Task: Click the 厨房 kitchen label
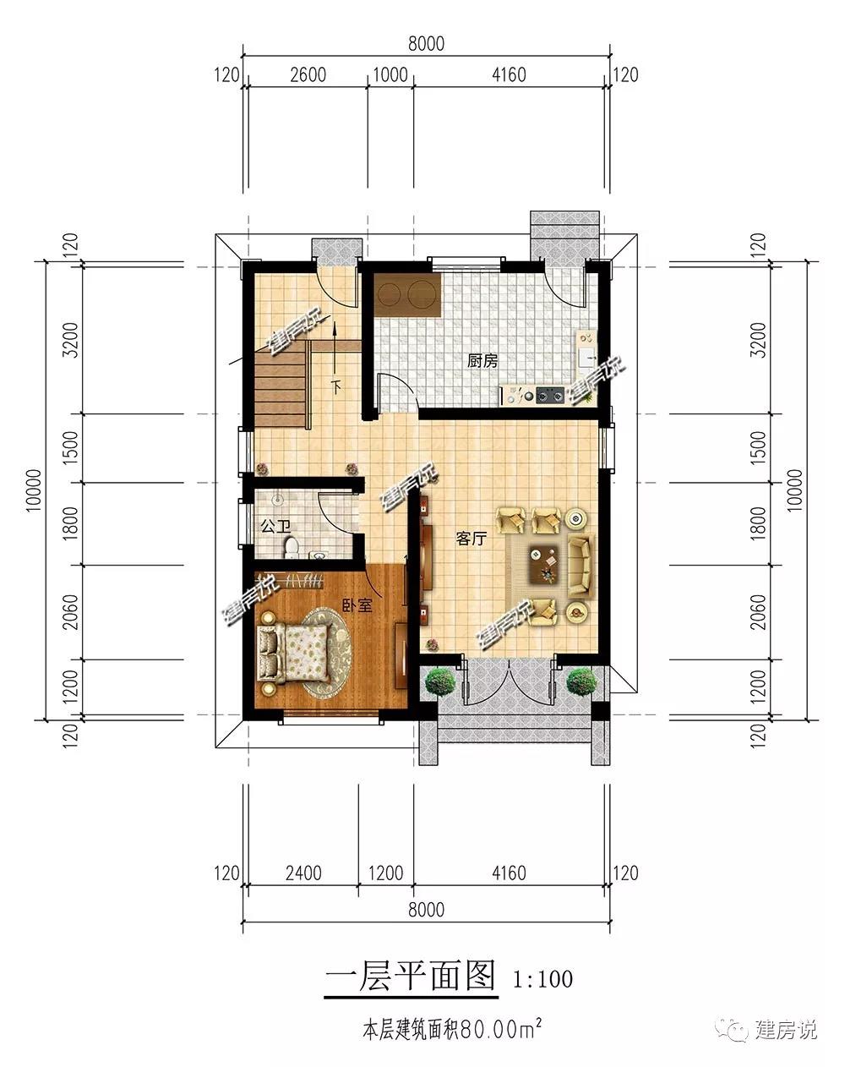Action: point(482,361)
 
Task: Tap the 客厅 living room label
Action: point(472,539)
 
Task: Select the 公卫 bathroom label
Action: point(275,526)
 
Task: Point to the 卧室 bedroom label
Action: point(357,605)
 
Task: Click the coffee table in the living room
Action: point(545,564)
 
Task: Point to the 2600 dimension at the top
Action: point(308,75)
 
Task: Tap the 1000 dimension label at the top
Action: point(390,75)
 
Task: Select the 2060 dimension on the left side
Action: point(70,612)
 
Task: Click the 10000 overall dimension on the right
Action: point(793,490)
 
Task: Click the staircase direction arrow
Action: point(336,356)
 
